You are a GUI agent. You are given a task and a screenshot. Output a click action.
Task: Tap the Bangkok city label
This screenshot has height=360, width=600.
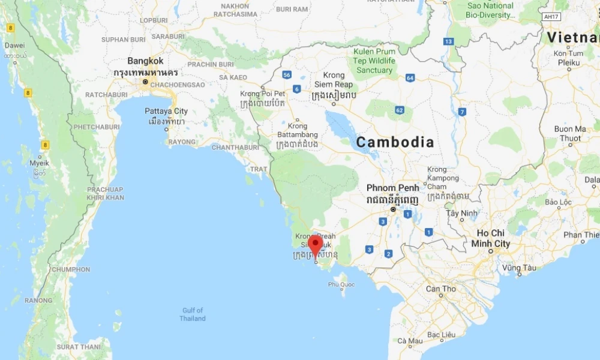coord(145,61)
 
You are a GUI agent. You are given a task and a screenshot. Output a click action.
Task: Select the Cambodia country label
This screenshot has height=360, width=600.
coord(395,142)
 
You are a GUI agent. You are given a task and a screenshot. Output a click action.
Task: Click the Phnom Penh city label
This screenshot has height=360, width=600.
coord(393,188)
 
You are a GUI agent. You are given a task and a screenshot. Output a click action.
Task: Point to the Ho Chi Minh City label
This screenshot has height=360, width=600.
coord(490,238)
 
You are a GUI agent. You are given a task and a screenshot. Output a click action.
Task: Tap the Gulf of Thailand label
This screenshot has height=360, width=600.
coord(193,314)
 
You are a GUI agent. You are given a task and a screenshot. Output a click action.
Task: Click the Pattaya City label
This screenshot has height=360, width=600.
coord(166,112)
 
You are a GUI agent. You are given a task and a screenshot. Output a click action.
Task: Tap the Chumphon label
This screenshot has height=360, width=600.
coord(71,269)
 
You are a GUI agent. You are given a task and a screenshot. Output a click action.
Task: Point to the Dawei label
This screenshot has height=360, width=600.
coord(14,45)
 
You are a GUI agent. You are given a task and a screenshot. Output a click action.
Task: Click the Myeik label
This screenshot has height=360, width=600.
coord(39,163)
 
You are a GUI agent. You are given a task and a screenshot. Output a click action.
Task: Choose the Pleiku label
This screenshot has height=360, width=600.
coord(568,62)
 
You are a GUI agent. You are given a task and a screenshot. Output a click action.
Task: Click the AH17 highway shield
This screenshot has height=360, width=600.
coord(550,17)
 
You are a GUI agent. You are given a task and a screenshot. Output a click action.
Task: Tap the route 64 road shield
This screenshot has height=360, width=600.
coord(410,78)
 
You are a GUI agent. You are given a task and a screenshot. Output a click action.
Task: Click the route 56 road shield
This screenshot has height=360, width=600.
coord(287,75)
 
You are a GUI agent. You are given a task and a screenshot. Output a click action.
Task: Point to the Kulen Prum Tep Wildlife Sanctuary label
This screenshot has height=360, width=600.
coord(374,61)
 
